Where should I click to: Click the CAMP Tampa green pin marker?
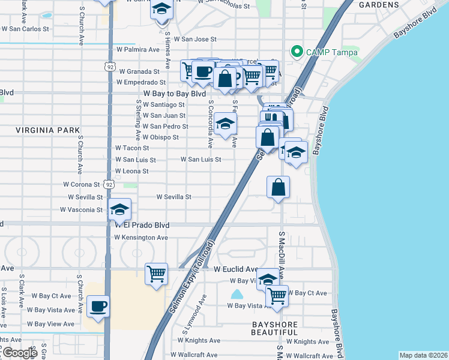(x=295, y=52)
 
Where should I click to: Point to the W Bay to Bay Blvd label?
(x=175, y=94)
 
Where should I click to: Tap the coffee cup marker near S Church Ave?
(x=98, y=307)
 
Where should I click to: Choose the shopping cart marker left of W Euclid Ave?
(x=157, y=274)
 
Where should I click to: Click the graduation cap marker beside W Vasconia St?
(x=119, y=210)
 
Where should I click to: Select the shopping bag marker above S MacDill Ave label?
(x=279, y=187)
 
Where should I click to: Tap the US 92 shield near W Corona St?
(x=108, y=185)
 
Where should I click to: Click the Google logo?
(x=19, y=353)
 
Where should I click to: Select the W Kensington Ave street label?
(x=142, y=238)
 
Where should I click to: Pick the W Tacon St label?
(x=132, y=148)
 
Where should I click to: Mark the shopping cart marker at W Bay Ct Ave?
(x=277, y=296)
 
